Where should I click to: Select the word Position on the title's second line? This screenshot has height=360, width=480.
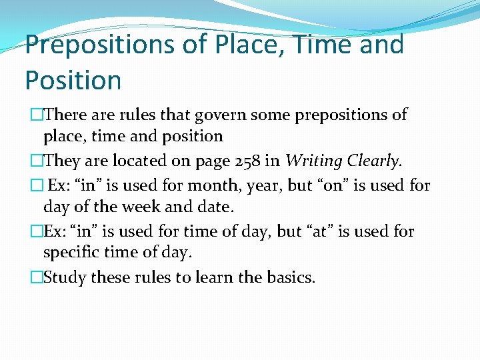tap(73, 80)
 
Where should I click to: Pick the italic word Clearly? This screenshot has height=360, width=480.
tap(373, 161)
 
